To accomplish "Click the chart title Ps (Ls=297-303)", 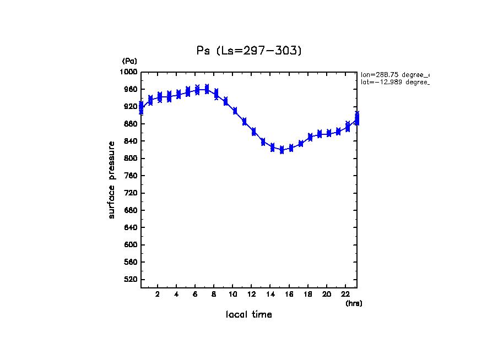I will pos(249,51).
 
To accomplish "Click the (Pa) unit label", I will pos(129,61).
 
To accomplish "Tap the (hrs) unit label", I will pos(354,303).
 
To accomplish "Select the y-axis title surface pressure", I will pos(112,179).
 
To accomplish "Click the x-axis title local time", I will pos(249,315).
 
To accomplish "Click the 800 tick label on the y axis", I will pos(131,159).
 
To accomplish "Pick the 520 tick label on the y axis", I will pos(131,280).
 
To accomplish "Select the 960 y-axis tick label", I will pos(131,89).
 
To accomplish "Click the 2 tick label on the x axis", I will pos(158,294).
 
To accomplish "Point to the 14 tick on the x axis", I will pos(270,294).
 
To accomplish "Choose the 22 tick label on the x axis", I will pos(345,294).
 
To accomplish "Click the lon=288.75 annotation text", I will pos(394,74).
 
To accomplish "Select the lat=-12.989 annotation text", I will pos(394,82).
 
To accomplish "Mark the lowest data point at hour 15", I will pos(282,150).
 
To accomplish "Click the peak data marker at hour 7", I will pos(207,89).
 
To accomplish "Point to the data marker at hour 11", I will pos(244,122).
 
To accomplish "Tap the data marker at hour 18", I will pos(310,137).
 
